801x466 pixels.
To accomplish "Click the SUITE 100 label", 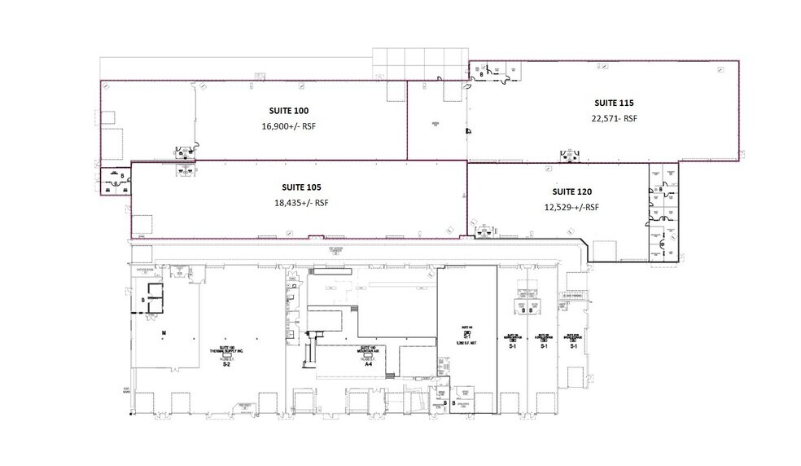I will [289, 110].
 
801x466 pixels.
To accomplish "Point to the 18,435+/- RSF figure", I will [301, 203].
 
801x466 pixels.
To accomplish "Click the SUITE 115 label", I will [614, 103].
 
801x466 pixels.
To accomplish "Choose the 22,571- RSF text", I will [615, 118].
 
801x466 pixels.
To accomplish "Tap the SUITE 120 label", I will [572, 191].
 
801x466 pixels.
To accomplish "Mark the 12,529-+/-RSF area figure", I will [571, 207].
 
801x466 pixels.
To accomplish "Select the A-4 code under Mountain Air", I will [368, 364].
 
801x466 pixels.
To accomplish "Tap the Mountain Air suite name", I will [367, 351].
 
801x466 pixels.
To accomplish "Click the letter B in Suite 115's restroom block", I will [480, 74].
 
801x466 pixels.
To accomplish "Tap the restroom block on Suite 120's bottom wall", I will [487, 231].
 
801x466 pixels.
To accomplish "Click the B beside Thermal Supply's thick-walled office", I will [143, 300].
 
